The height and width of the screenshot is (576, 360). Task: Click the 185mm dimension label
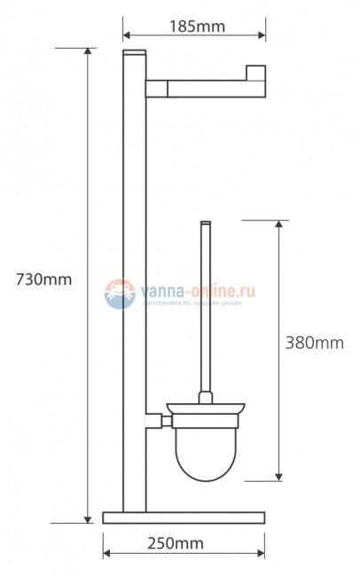[x=194, y=27]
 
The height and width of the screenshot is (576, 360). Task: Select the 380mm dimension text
[x=314, y=342]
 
